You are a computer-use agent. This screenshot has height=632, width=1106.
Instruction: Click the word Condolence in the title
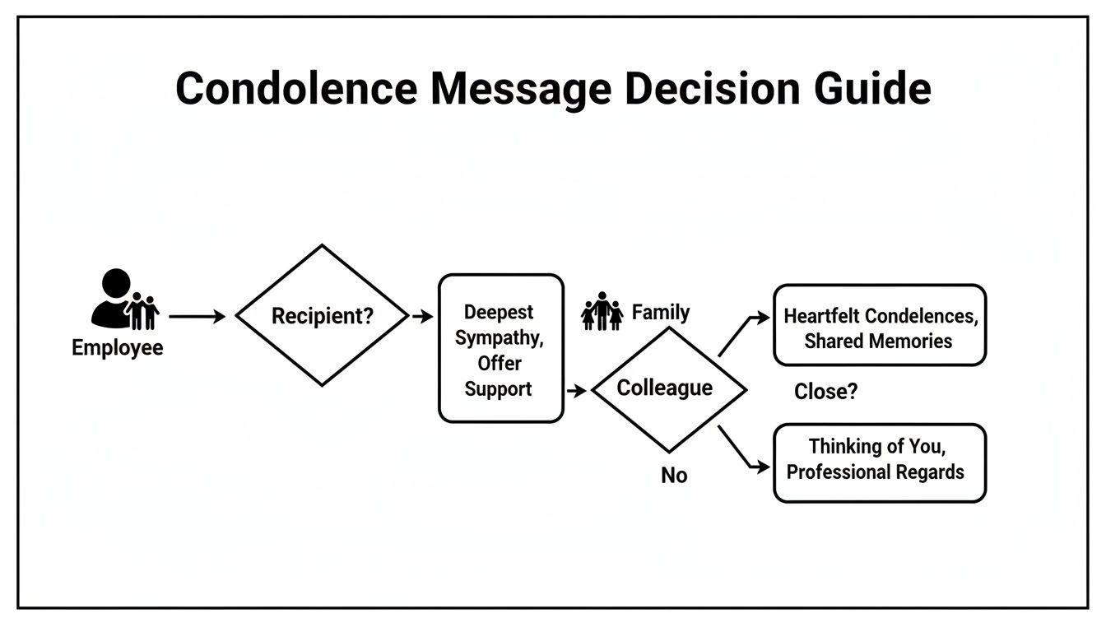pyautogui.click(x=295, y=88)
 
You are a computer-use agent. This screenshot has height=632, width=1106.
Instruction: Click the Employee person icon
pyautogui.click(x=123, y=300)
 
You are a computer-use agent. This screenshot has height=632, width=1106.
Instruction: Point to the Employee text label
pyautogui.click(x=117, y=347)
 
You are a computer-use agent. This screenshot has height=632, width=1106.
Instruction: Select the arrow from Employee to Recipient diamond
pyautogui.click(x=197, y=316)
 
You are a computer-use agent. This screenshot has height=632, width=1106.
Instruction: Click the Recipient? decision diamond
pyautogui.click(x=322, y=315)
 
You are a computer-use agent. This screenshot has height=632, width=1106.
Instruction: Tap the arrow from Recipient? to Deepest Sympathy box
pyautogui.click(x=421, y=316)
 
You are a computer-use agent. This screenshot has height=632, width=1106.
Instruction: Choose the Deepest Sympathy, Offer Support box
pyautogui.click(x=500, y=348)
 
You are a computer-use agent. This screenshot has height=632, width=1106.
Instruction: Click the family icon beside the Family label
pyautogui.click(x=602, y=312)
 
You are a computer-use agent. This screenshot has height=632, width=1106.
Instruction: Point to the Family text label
pyautogui.click(x=660, y=313)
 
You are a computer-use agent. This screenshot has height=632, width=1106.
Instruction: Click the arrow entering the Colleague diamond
pyautogui.click(x=577, y=391)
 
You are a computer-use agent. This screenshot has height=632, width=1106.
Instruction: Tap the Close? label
pyautogui.click(x=825, y=392)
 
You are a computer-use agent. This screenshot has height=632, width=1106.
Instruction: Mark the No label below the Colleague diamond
pyautogui.click(x=674, y=476)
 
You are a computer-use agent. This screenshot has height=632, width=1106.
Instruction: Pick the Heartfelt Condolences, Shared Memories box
pyautogui.click(x=879, y=326)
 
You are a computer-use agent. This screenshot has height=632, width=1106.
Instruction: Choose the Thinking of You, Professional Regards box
pyautogui.click(x=879, y=462)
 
